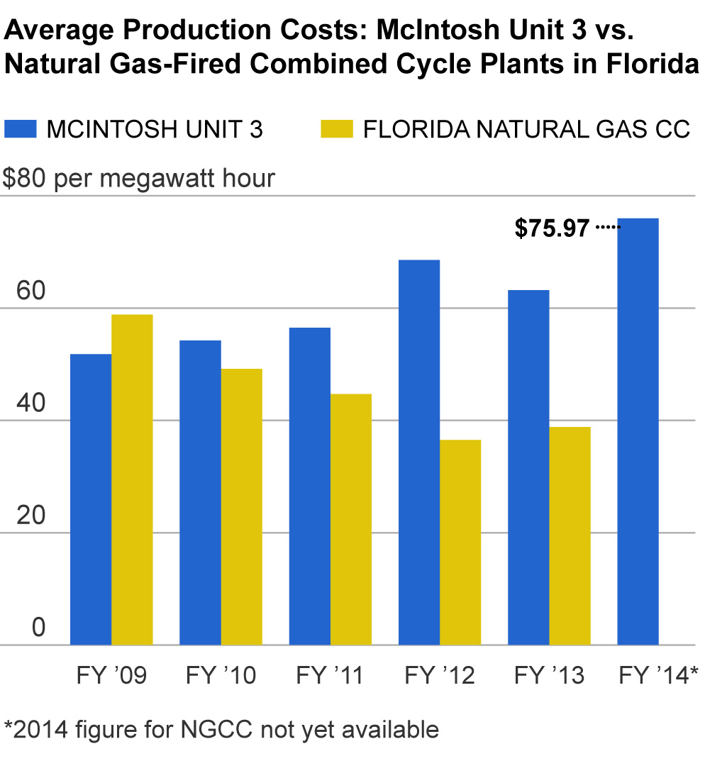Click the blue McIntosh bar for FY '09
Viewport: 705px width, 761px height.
91,499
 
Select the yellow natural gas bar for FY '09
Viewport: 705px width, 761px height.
132,479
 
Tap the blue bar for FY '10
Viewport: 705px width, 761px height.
200,492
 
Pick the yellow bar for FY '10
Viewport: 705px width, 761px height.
241,506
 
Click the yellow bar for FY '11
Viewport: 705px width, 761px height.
350,519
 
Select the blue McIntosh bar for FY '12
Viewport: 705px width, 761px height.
418,452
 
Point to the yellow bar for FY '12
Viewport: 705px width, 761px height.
460,542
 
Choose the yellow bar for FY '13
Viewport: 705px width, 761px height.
570,535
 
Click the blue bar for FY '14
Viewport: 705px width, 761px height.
638,431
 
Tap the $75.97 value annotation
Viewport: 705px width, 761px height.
553,228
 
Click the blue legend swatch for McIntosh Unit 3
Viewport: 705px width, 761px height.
20,129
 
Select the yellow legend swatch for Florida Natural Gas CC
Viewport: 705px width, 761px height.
335,129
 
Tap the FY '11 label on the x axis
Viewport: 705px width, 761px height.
329,675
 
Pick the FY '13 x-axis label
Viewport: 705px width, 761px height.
549,675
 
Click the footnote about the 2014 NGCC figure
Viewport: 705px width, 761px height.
221,729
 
